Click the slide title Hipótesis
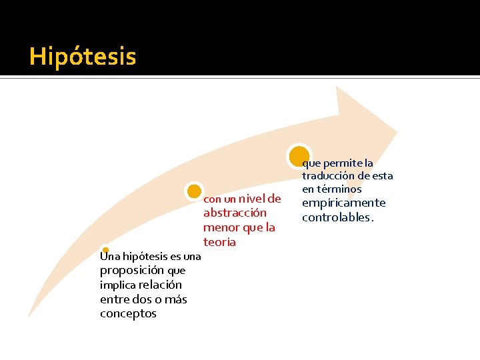(83, 57)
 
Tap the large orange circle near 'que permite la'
(299, 155)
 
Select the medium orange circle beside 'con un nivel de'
(194, 191)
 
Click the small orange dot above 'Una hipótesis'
(105, 251)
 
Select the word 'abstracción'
(235, 213)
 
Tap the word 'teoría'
(219, 242)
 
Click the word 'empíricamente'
(343, 203)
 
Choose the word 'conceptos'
(128, 313)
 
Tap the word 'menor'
(219, 227)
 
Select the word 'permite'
(342, 163)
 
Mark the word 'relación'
(160, 285)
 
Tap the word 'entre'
(115, 299)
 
